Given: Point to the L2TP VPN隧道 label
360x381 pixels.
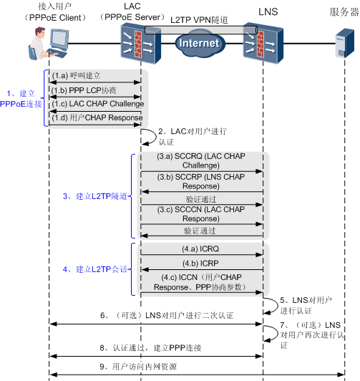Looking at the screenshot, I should coord(200,21).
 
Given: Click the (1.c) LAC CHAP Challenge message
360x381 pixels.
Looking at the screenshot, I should coord(97,104).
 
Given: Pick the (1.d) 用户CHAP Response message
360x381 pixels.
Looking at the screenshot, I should coord(97,118).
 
